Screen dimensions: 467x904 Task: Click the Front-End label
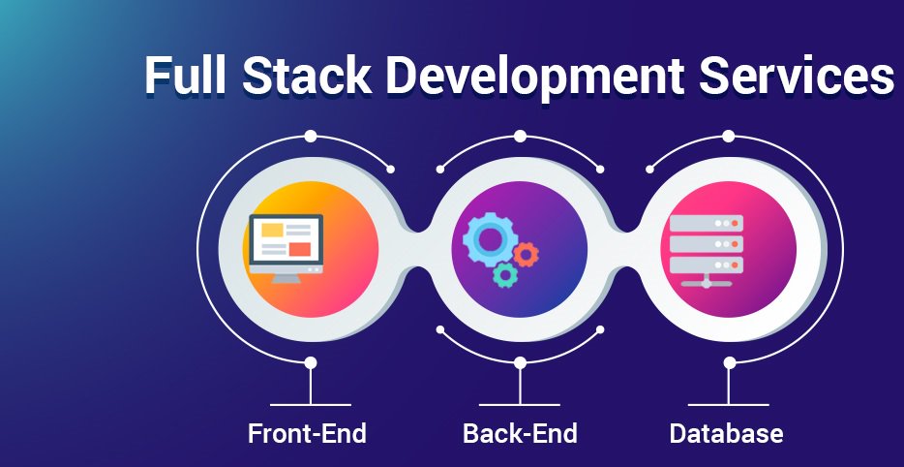308,433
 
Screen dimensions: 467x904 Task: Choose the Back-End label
520,433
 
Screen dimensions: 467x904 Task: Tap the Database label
726,433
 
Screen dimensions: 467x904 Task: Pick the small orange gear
527,255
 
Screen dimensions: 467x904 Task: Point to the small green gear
504,275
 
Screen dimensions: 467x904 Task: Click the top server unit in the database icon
706,223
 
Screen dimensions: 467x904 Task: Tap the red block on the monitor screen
299,250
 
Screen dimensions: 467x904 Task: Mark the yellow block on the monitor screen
272,231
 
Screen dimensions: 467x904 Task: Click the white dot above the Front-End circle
311,136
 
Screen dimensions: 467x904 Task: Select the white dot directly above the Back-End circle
520,136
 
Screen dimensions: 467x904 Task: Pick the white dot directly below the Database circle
730,362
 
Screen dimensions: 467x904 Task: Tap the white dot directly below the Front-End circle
311,362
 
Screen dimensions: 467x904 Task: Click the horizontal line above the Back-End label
520,404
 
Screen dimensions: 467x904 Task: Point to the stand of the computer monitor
286,276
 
